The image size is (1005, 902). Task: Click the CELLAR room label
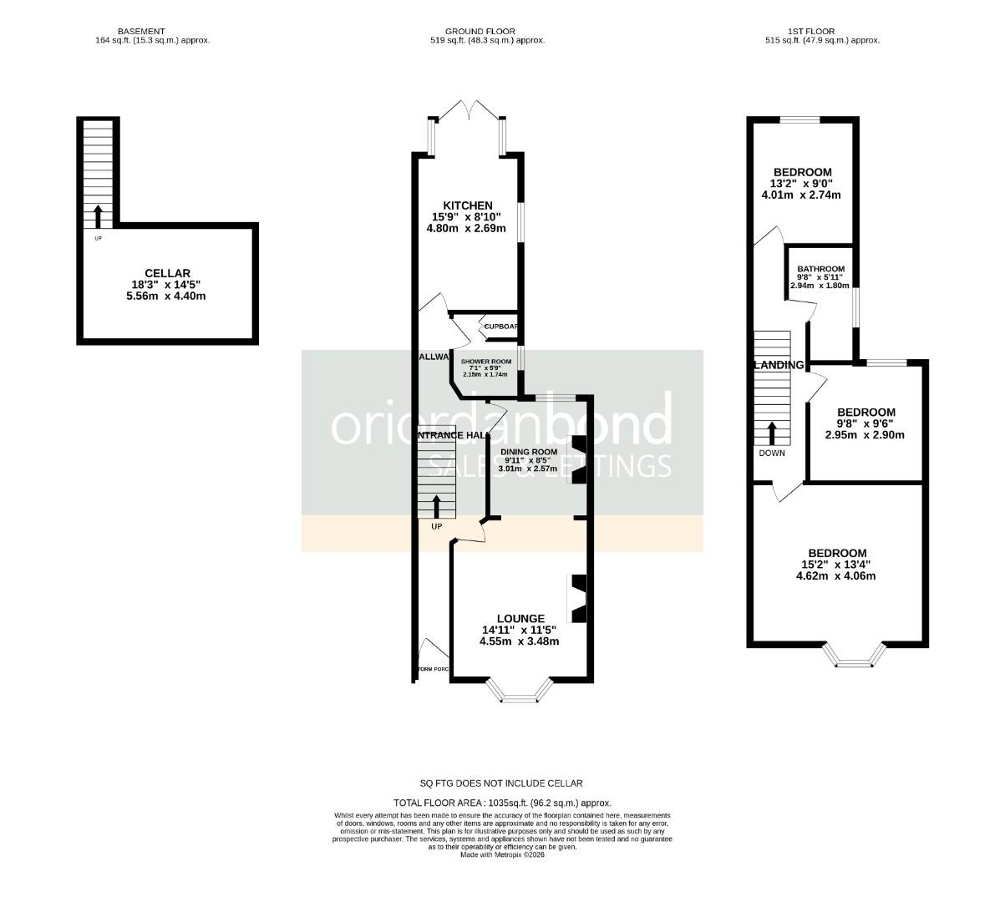167,273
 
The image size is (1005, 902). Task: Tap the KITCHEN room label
467,205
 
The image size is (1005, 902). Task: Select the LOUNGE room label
518,619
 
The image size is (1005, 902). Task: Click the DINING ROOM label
528,452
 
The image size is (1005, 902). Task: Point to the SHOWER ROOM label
485,362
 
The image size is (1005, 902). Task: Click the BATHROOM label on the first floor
820,269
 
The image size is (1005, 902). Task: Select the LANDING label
779,365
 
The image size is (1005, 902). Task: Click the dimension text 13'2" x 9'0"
801,184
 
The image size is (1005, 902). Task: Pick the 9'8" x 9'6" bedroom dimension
865,423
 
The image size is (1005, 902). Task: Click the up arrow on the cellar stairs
97,216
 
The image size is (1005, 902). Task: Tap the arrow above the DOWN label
772,433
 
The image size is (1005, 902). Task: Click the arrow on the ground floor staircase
436,506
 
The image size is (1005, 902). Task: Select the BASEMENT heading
153,31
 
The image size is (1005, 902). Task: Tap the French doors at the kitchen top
469,109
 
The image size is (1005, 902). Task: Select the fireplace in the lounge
578,598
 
